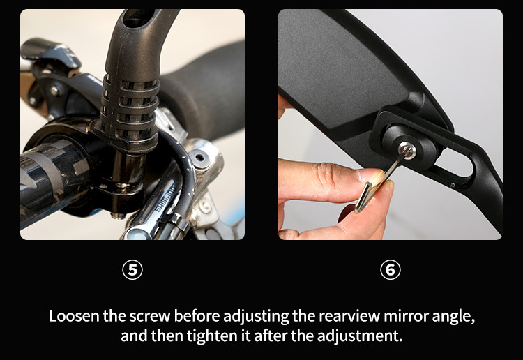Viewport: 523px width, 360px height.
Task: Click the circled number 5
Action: coord(132,269)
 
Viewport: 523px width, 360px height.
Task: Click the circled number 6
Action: coord(391,269)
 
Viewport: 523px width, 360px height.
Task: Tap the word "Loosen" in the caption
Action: coord(74,315)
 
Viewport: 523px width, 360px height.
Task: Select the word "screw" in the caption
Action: coord(150,316)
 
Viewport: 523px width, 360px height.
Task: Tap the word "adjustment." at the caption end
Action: coord(360,336)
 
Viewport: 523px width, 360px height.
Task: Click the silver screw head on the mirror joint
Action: coord(407,149)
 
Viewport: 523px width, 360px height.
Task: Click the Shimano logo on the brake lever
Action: coord(165,199)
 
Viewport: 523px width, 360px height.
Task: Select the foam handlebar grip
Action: coord(200,90)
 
